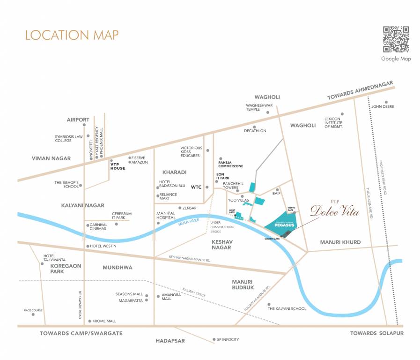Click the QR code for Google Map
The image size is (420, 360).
click(x=396, y=39)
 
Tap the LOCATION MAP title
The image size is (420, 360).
click(x=72, y=35)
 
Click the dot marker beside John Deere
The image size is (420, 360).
click(x=386, y=102)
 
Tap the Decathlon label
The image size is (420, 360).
click(x=255, y=131)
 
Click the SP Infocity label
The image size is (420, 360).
click(x=228, y=339)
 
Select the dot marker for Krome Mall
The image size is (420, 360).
click(x=89, y=321)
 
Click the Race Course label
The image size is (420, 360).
click(x=33, y=310)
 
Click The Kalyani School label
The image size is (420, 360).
click(x=287, y=308)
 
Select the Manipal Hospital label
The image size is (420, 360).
click(x=165, y=216)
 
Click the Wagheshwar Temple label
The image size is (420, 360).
click(x=259, y=108)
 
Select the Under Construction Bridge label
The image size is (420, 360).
click(x=222, y=227)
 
